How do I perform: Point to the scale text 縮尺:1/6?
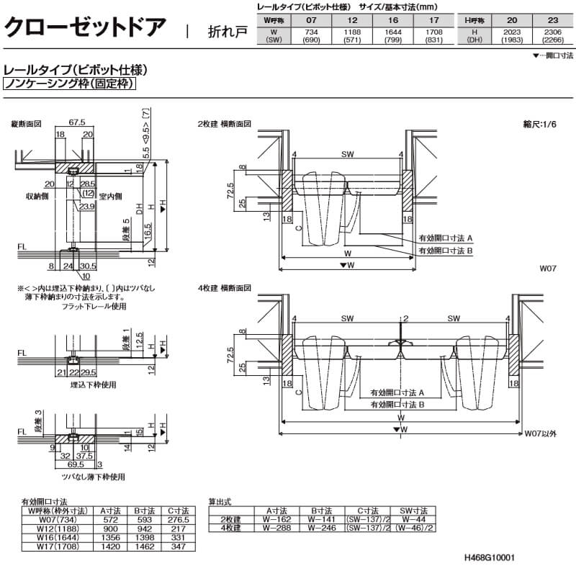point(539,124)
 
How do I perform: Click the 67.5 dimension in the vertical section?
point(77,122)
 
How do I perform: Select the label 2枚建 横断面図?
point(224,123)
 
